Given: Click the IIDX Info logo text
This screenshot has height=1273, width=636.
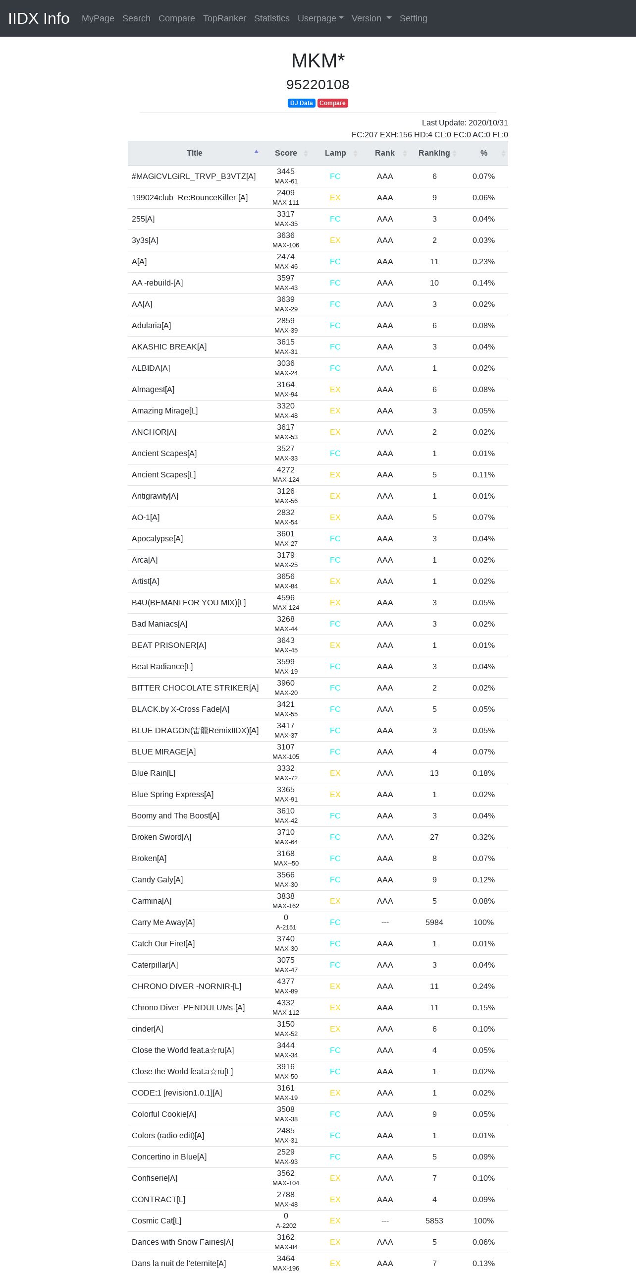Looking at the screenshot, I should (x=39, y=18).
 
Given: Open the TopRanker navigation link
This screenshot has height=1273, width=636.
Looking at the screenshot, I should (x=224, y=18).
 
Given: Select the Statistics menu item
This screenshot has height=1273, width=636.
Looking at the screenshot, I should (x=271, y=18).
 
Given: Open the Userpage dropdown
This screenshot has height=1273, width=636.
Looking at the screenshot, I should (x=320, y=18).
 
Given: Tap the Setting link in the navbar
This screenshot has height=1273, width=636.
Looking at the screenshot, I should (x=413, y=18).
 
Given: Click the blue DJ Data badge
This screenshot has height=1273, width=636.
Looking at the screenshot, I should (x=301, y=103).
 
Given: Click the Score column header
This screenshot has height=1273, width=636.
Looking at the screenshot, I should (x=286, y=153).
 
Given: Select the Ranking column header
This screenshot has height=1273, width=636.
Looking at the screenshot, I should (x=434, y=153).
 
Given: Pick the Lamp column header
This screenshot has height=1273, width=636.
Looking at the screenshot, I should (x=335, y=153).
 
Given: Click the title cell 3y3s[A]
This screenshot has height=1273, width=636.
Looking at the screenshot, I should (x=145, y=240).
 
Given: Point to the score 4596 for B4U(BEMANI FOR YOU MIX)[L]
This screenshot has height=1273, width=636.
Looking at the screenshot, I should (x=286, y=598).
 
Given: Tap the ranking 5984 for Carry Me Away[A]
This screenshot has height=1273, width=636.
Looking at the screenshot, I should (x=434, y=923).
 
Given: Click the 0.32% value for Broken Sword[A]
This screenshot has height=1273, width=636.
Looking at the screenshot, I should (x=483, y=837).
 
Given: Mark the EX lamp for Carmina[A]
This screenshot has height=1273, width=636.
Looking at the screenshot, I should (x=335, y=901).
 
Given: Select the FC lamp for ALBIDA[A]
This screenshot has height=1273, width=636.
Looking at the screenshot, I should (x=335, y=368).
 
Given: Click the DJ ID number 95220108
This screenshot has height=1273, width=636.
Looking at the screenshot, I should (x=318, y=85).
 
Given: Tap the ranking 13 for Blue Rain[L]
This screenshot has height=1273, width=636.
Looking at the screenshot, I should (x=434, y=773).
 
